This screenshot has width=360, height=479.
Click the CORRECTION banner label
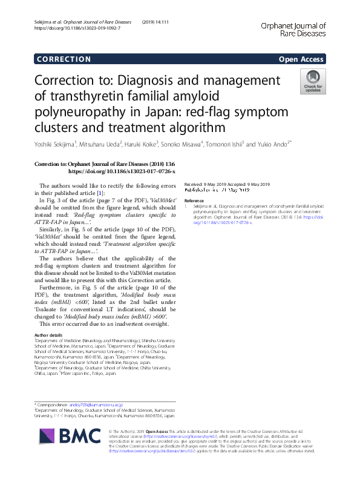(63, 59)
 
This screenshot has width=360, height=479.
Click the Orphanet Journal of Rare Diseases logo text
(293, 30)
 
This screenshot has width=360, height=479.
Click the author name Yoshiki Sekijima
(60, 144)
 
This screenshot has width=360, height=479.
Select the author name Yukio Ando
(272, 144)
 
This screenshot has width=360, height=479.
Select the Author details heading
(48, 335)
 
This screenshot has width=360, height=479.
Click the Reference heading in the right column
(194, 200)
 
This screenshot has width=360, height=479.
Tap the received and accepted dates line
(227, 184)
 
